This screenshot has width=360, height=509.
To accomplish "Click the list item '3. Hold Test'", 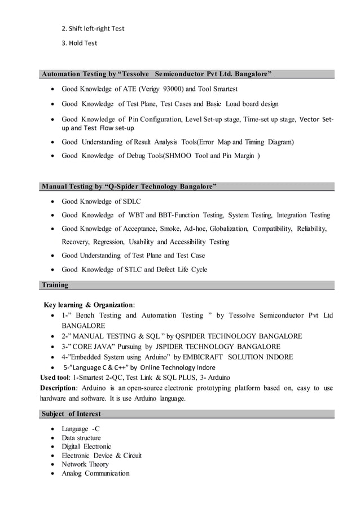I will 79,43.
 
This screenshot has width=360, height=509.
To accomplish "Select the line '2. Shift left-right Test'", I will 93,28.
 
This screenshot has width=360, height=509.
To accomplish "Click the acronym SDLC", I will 131,201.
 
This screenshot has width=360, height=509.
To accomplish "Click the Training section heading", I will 55,285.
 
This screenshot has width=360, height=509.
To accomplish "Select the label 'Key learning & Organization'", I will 89,305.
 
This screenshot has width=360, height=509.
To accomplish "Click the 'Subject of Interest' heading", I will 71,414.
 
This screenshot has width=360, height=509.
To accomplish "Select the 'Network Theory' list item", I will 86,464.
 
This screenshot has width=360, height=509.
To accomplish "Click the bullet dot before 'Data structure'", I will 53,438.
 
